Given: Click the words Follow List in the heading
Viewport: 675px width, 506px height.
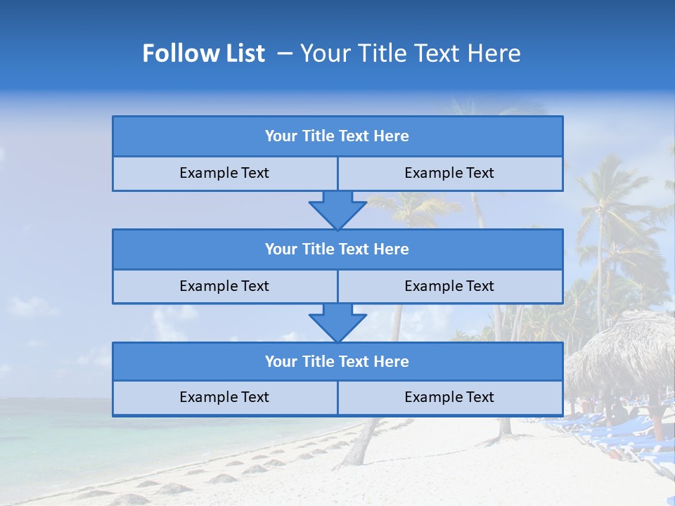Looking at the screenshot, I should (x=203, y=53).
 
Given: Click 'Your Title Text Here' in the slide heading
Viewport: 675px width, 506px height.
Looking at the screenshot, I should (x=411, y=53).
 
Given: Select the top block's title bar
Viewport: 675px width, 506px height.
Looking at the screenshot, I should (x=337, y=136).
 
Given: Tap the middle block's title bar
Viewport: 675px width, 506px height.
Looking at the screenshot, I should (x=337, y=249).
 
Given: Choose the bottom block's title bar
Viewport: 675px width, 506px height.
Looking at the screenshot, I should (x=337, y=361).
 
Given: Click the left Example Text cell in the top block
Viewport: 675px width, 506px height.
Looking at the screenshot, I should (x=224, y=174).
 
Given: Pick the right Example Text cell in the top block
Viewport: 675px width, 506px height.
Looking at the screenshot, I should (x=449, y=174).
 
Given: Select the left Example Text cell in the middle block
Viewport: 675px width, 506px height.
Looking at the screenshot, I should (x=224, y=286).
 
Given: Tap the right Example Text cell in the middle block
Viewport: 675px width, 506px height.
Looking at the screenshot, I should (x=449, y=286).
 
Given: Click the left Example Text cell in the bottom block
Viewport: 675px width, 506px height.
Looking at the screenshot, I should (x=224, y=397).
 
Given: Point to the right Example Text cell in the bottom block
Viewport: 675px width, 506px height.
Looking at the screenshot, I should (x=449, y=397).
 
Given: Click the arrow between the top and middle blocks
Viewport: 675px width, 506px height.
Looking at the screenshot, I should (x=337, y=209).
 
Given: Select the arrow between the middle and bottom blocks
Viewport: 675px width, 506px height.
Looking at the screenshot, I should (x=337, y=322).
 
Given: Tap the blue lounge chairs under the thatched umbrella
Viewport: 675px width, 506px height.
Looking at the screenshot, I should (x=619, y=429).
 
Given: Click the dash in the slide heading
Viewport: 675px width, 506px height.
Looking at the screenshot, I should (x=285, y=53).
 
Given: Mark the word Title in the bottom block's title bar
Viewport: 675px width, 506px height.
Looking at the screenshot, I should (x=319, y=361).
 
